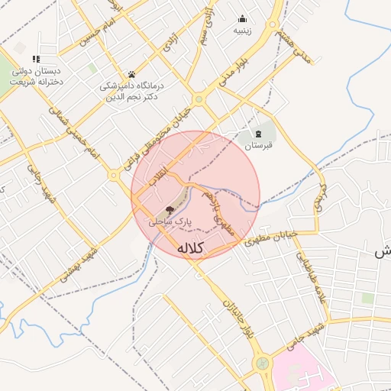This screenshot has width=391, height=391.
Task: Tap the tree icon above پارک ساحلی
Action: [170, 208]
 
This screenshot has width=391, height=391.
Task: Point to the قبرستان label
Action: [258, 144]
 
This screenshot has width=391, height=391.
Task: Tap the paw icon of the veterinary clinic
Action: [132, 74]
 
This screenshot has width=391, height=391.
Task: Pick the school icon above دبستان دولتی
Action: [35, 59]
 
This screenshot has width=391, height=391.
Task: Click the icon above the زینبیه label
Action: [243, 19]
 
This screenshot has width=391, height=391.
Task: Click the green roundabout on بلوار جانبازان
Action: [263, 363]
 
